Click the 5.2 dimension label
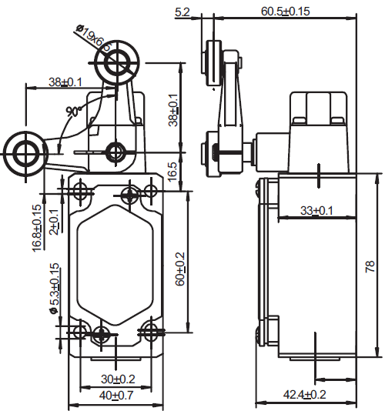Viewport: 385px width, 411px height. click(x=182, y=12)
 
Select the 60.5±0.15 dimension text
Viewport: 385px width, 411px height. click(x=286, y=12)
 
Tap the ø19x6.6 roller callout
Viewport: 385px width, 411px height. click(x=94, y=38)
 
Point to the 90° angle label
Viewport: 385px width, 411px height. click(x=74, y=112)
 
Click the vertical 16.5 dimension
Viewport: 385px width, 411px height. click(x=172, y=172)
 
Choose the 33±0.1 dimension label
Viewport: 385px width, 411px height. click(x=316, y=210)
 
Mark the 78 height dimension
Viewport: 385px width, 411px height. click(x=370, y=266)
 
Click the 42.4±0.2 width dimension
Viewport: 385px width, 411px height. click(x=304, y=394)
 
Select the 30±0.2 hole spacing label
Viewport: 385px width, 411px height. click(x=118, y=379)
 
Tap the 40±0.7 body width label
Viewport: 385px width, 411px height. click(x=116, y=396)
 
